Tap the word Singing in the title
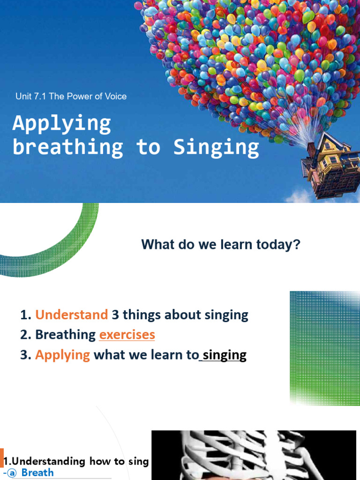tap(216, 147)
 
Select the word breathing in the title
tap(68, 147)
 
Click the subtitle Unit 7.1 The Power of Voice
tap(71, 97)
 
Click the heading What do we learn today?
tap(220, 244)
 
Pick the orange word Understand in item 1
tap(71, 315)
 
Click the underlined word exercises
tap(127, 335)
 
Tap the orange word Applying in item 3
tap(62, 355)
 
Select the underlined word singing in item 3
tap(225, 355)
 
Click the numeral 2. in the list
tap(26, 335)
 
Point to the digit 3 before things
tap(115, 315)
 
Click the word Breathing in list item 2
tap(66, 335)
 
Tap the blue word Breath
tap(37, 472)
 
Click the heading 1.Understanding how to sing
tap(76, 461)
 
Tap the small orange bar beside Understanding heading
tap(1, 457)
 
